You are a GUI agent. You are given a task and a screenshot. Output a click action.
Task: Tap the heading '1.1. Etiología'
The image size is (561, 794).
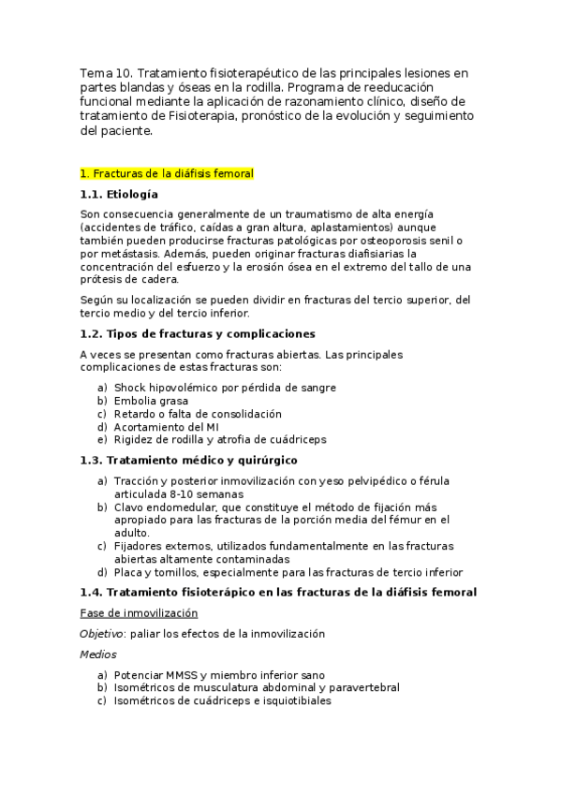pyautogui.click(x=119, y=194)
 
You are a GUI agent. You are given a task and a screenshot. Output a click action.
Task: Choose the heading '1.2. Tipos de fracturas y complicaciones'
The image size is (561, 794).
pyautogui.click(x=198, y=334)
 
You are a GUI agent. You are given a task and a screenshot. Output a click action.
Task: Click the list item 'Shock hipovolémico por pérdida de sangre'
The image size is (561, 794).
pyautogui.click(x=225, y=388)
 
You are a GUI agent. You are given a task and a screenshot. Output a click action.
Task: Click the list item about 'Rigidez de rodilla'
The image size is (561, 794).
pyautogui.click(x=221, y=440)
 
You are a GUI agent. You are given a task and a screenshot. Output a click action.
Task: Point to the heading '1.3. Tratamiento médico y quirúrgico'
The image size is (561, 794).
pyautogui.click(x=188, y=461)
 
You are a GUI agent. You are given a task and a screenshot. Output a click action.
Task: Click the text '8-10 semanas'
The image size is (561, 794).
pyautogui.click(x=207, y=493)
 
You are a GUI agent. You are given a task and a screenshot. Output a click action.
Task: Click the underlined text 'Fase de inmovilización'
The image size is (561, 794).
pyautogui.click(x=139, y=612)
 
